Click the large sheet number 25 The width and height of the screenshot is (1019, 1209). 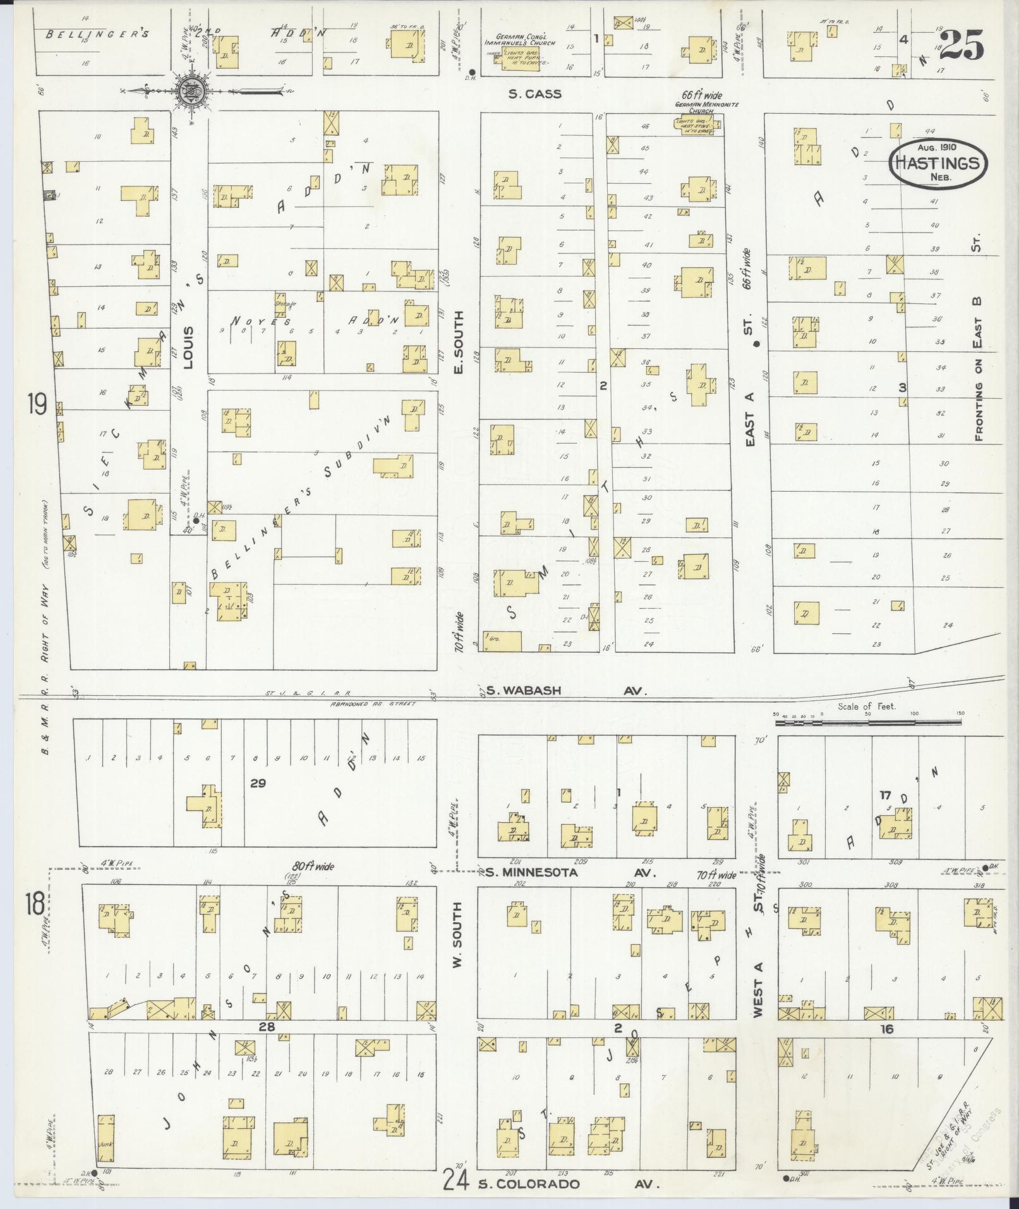962,44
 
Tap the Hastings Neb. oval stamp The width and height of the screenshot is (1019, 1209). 938,163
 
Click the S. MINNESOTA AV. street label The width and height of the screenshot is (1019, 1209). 569,873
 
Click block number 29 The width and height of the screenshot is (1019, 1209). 257,783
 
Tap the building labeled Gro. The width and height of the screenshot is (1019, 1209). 503,641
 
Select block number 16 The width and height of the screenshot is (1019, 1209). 886,1029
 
